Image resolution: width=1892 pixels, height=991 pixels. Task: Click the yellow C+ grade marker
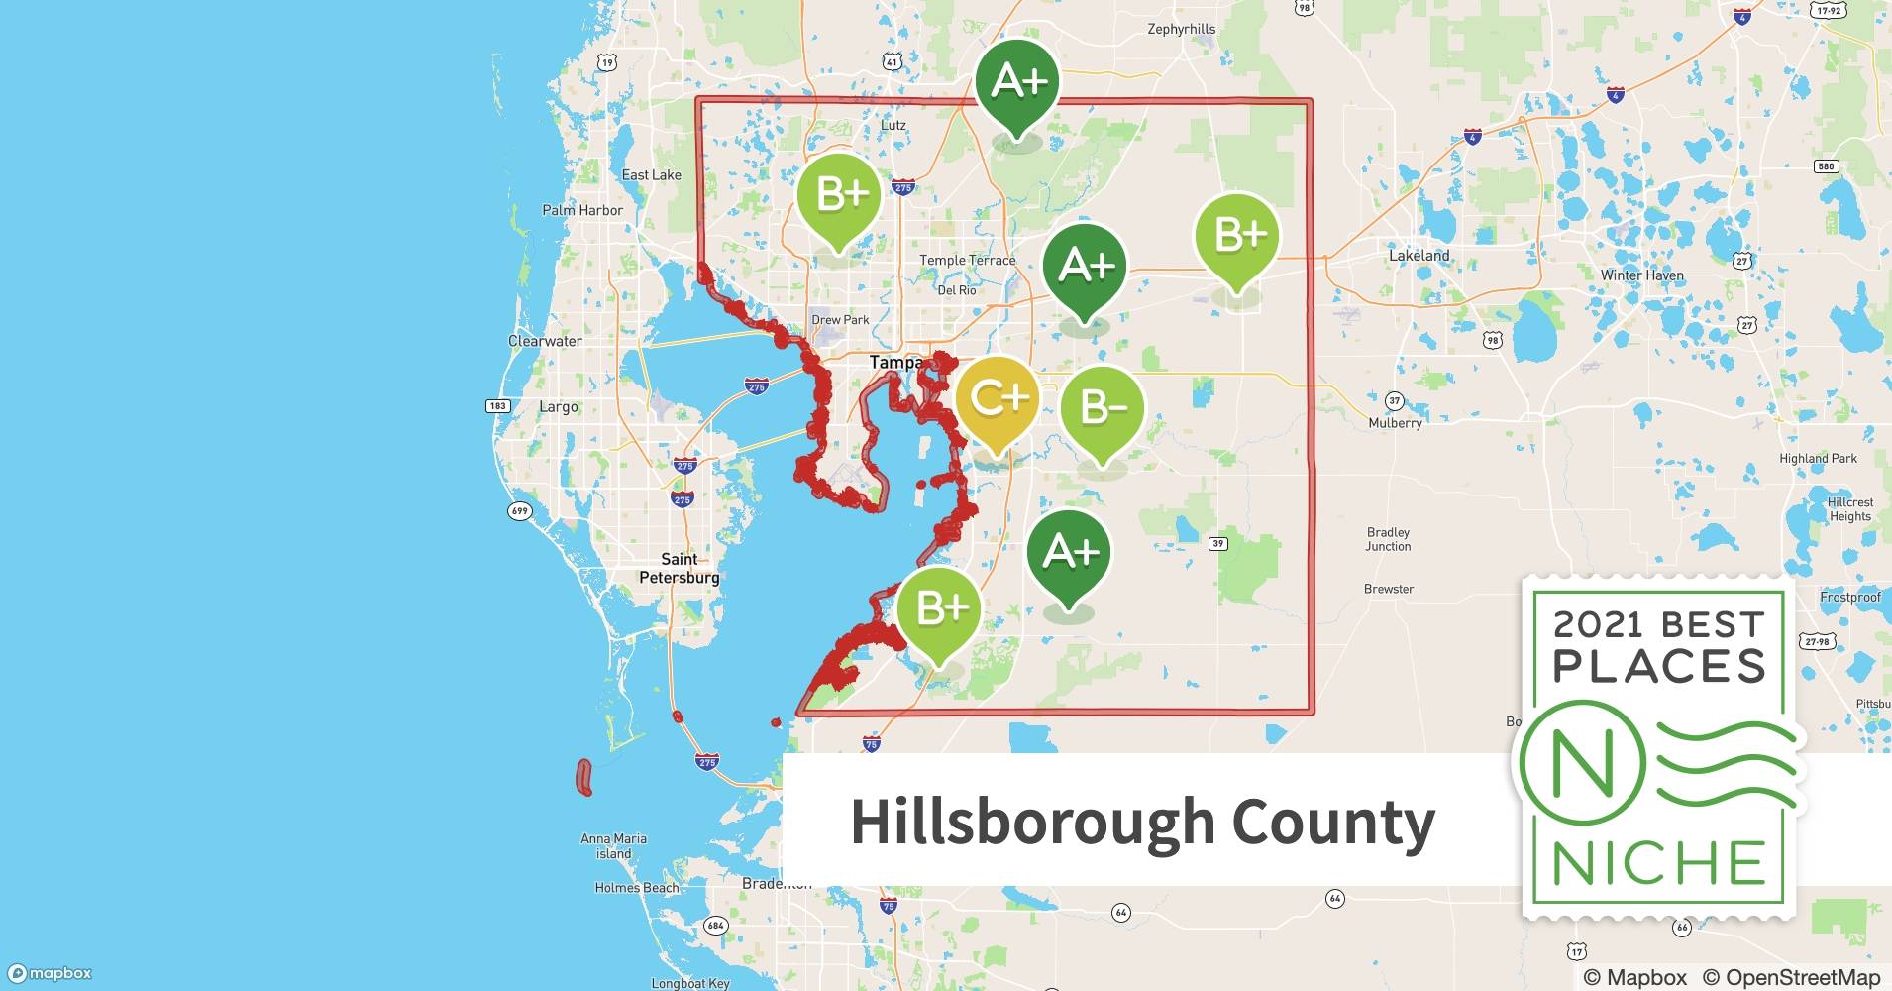tap(998, 399)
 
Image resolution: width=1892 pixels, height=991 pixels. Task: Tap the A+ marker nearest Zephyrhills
tap(1017, 82)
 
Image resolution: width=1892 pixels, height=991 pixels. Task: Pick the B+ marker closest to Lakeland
tap(1236, 236)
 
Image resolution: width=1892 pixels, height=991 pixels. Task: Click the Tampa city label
tap(895, 363)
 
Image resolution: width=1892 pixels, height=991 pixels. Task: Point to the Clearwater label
tap(545, 341)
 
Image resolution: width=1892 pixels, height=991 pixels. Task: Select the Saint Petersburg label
tap(680, 568)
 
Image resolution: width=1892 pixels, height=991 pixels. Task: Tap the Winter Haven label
tap(1641, 275)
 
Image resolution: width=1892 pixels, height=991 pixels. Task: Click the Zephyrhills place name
tap(1181, 29)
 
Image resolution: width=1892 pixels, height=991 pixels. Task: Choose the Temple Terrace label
tap(967, 261)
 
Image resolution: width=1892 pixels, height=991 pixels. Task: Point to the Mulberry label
tap(1395, 423)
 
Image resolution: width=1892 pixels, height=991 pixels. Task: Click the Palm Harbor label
tap(582, 210)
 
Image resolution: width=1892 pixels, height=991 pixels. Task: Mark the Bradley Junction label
tap(1388, 539)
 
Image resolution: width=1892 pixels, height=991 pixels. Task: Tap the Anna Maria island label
tap(613, 845)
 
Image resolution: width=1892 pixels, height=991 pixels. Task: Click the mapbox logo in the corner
tap(51, 973)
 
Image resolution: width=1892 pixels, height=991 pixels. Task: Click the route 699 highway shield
tap(519, 511)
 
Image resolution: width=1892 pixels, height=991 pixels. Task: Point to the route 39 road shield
tap(1218, 543)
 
